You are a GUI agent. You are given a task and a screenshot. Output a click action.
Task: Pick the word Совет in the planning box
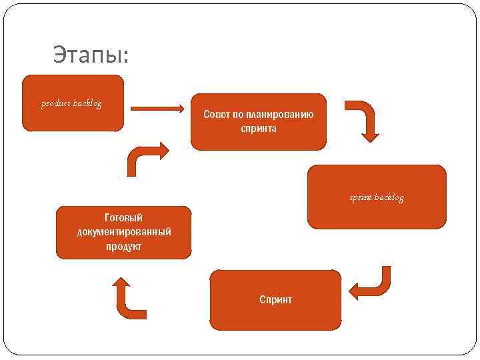coord(217,115)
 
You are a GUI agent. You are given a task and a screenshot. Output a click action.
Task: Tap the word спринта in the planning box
coord(259,128)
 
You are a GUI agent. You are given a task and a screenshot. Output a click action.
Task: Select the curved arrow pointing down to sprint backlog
coord(365,120)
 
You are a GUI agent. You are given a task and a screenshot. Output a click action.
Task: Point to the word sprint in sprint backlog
coord(361,197)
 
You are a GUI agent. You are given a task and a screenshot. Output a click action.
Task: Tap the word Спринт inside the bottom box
coord(275,300)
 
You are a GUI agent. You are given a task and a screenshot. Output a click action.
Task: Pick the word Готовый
coord(123,217)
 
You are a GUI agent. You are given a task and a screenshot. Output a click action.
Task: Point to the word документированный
coord(123,231)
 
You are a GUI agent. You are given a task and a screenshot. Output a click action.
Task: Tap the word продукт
coord(123,246)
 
